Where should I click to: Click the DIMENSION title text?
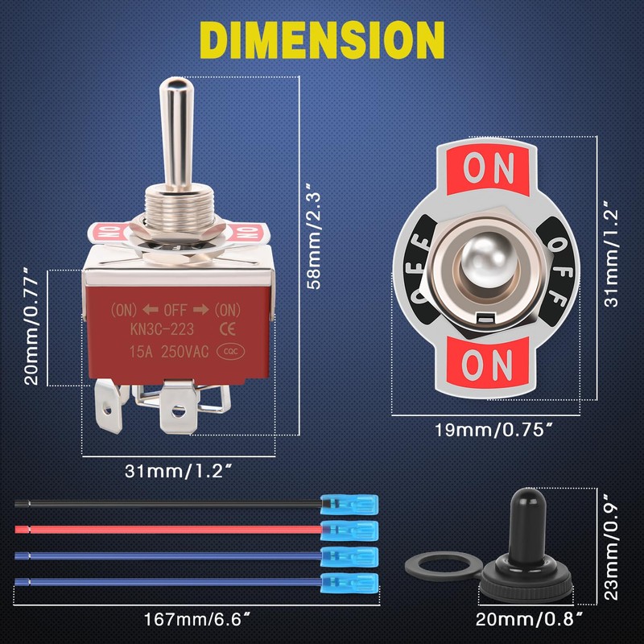321,38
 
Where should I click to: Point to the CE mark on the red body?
227,328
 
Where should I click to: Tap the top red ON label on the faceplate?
489,168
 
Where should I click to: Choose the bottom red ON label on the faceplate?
489,365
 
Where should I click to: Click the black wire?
161,504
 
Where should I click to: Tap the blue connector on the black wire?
349,505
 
